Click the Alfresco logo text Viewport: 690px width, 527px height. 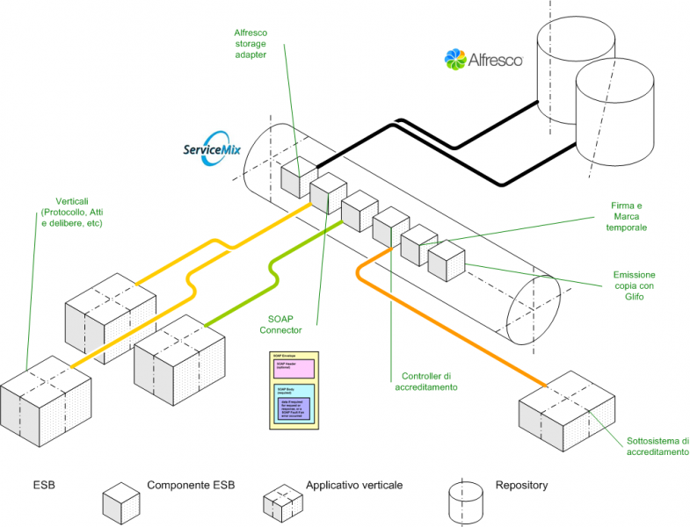point(496,60)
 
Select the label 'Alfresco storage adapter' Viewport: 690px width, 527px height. point(251,44)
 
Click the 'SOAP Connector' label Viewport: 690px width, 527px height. point(280,324)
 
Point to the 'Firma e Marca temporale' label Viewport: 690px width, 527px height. point(628,216)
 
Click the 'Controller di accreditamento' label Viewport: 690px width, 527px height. point(426,380)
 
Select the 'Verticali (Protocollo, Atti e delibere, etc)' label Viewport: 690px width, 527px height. point(71,212)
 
